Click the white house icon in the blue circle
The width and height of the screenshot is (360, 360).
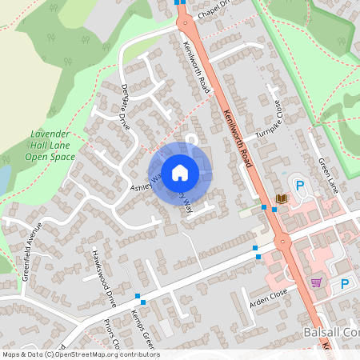180,171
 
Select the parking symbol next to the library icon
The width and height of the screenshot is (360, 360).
300,186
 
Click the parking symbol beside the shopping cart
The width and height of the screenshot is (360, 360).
345,283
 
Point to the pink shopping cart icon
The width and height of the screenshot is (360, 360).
316,282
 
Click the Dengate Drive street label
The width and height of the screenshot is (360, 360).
124,105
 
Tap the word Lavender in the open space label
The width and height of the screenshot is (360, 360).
50,134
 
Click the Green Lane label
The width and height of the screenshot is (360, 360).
329,175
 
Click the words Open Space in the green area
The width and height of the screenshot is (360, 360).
49,157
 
